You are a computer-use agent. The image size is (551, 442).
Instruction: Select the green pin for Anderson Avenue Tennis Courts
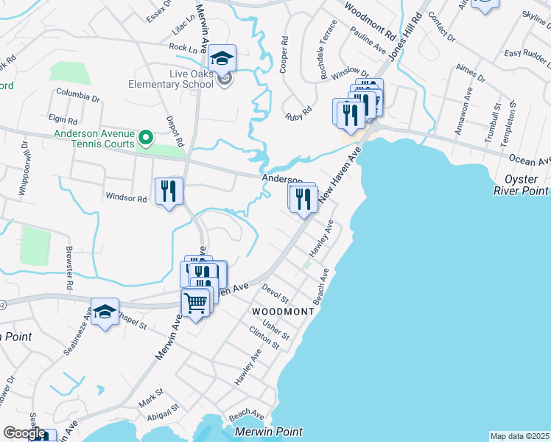[x=146, y=137]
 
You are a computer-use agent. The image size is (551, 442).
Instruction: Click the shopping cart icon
[x=195, y=302]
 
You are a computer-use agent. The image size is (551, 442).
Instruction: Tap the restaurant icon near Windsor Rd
[x=169, y=192]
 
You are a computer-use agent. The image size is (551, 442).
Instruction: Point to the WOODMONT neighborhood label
[x=284, y=312]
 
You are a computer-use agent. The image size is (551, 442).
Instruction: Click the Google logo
[x=24, y=433]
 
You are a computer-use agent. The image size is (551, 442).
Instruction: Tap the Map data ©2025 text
[x=519, y=436]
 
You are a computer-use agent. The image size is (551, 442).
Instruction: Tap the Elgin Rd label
[x=62, y=119]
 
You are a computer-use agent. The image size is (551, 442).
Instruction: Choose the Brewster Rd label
[x=71, y=267]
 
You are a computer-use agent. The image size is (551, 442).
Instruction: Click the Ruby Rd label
[x=299, y=113]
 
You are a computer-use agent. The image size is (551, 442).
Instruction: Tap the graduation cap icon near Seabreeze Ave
[x=105, y=312]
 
